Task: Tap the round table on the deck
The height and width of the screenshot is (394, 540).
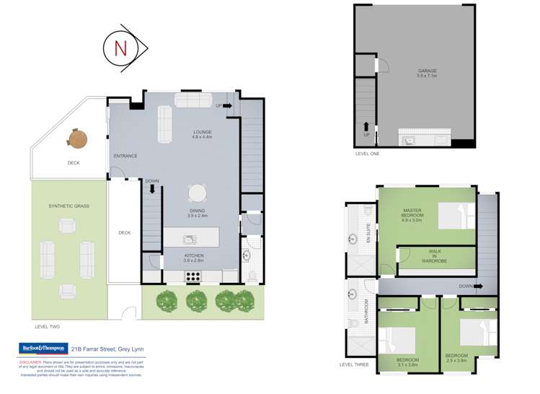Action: [77, 137]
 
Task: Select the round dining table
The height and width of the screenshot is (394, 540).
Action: [197, 193]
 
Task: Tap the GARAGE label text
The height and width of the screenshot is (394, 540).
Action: [427, 71]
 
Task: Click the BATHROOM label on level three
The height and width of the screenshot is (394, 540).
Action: [367, 311]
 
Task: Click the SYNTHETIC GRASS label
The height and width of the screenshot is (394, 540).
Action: [68, 206]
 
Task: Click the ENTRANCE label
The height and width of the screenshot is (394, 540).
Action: [125, 156]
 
